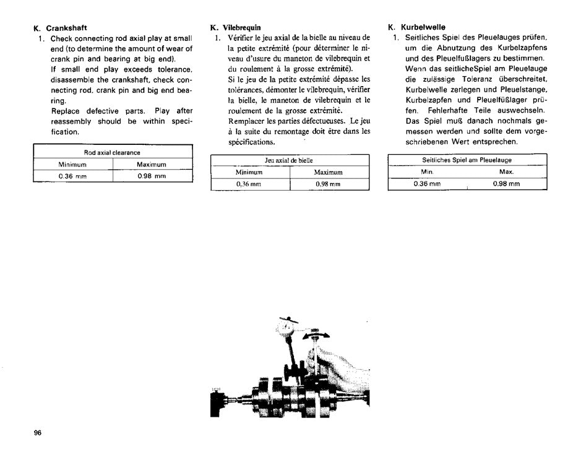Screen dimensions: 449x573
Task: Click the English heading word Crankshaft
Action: [x=67, y=28]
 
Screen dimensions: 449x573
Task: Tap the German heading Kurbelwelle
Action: [x=423, y=28]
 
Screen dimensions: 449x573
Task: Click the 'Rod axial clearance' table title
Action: [x=113, y=152]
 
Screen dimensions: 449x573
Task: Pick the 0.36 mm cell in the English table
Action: [x=74, y=176]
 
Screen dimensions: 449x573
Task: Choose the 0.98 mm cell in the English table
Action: [x=152, y=176]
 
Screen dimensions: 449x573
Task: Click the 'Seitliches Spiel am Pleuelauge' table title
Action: [x=467, y=160]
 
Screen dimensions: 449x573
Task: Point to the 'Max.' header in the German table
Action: [x=506, y=171]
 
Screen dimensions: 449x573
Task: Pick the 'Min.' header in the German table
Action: [x=427, y=171]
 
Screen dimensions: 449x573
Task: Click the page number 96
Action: [x=38, y=434]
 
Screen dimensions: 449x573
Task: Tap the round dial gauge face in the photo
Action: [x=288, y=325]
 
